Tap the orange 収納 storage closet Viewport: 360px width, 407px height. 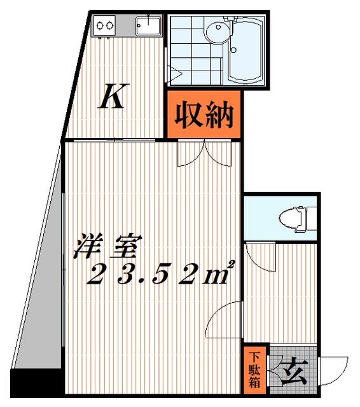point(204,114)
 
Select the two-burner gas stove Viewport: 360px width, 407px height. point(104,25)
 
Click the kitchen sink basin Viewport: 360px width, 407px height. point(148,25)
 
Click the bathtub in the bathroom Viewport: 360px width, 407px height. point(246,48)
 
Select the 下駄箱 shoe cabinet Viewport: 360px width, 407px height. point(255,369)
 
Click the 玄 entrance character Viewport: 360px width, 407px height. point(295,372)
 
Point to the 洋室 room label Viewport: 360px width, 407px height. point(107,246)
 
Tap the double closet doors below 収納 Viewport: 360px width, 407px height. point(204,153)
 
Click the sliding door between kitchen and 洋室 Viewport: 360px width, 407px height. point(114,141)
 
